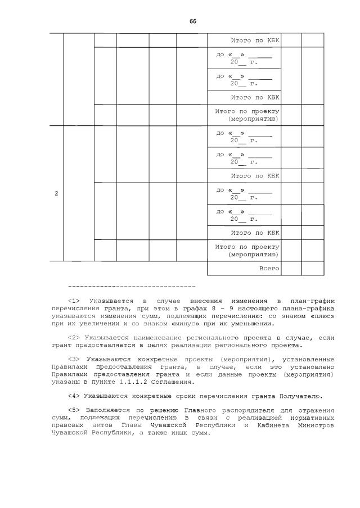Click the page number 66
point(193,21)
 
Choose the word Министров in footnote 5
point(317,425)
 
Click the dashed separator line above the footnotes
point(132,287)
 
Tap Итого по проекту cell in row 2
point(247,251)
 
